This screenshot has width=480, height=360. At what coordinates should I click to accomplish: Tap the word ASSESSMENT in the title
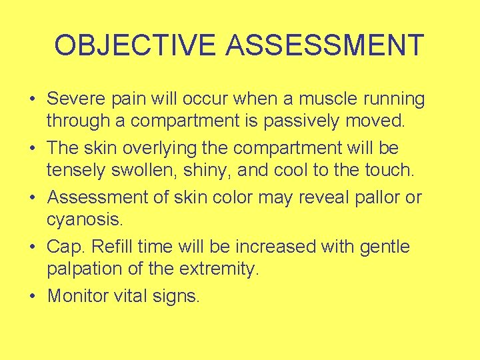(325, 45)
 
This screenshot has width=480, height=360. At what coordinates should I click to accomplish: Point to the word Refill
(114, 247)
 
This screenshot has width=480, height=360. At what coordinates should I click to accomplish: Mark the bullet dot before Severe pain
(32, 100)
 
